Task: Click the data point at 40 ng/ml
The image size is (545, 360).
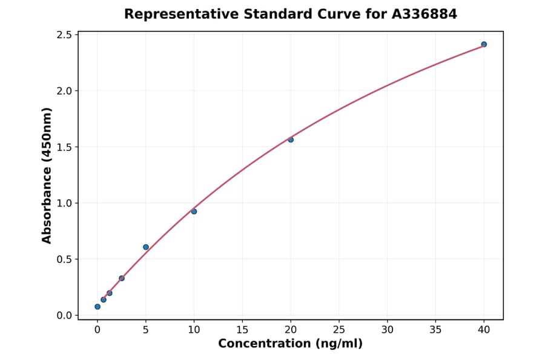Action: [x=484, y=44]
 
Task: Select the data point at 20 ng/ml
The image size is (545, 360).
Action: [x=291, y=139]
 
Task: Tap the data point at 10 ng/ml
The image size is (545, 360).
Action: [x=194, y=212]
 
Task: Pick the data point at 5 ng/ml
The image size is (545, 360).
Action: [x=146, y=247]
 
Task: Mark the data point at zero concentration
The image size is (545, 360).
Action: [x=97, y=307]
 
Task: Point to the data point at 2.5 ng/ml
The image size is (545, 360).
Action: [x=122, y=278]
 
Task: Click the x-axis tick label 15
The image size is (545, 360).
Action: [x=242, y=330]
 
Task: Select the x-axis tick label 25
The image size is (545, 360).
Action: [x=339, y=330]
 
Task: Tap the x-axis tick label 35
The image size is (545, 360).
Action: [x=435, y=330]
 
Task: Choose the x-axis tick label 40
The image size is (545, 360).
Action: [x=484, y=330]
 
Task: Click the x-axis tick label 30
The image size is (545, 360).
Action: [x=388, y=330]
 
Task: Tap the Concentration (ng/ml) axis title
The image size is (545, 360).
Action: [x=290, y=344]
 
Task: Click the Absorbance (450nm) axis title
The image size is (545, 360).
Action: [x=47, y=176]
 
